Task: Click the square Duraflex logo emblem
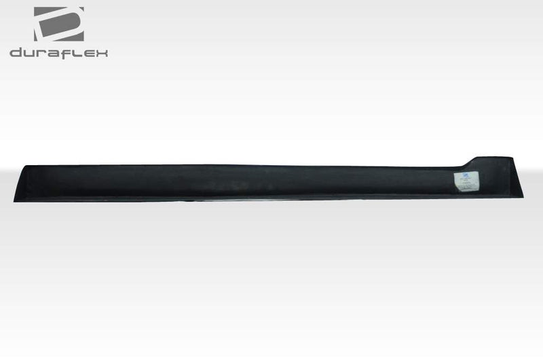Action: tap(59, 24)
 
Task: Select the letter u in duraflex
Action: tap(28, 53)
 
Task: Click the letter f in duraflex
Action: tap(64, 52)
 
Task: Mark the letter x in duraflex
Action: tap(100, 53)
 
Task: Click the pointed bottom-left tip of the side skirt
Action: tap(15, 200)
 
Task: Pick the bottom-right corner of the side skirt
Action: tap(523, 197)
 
